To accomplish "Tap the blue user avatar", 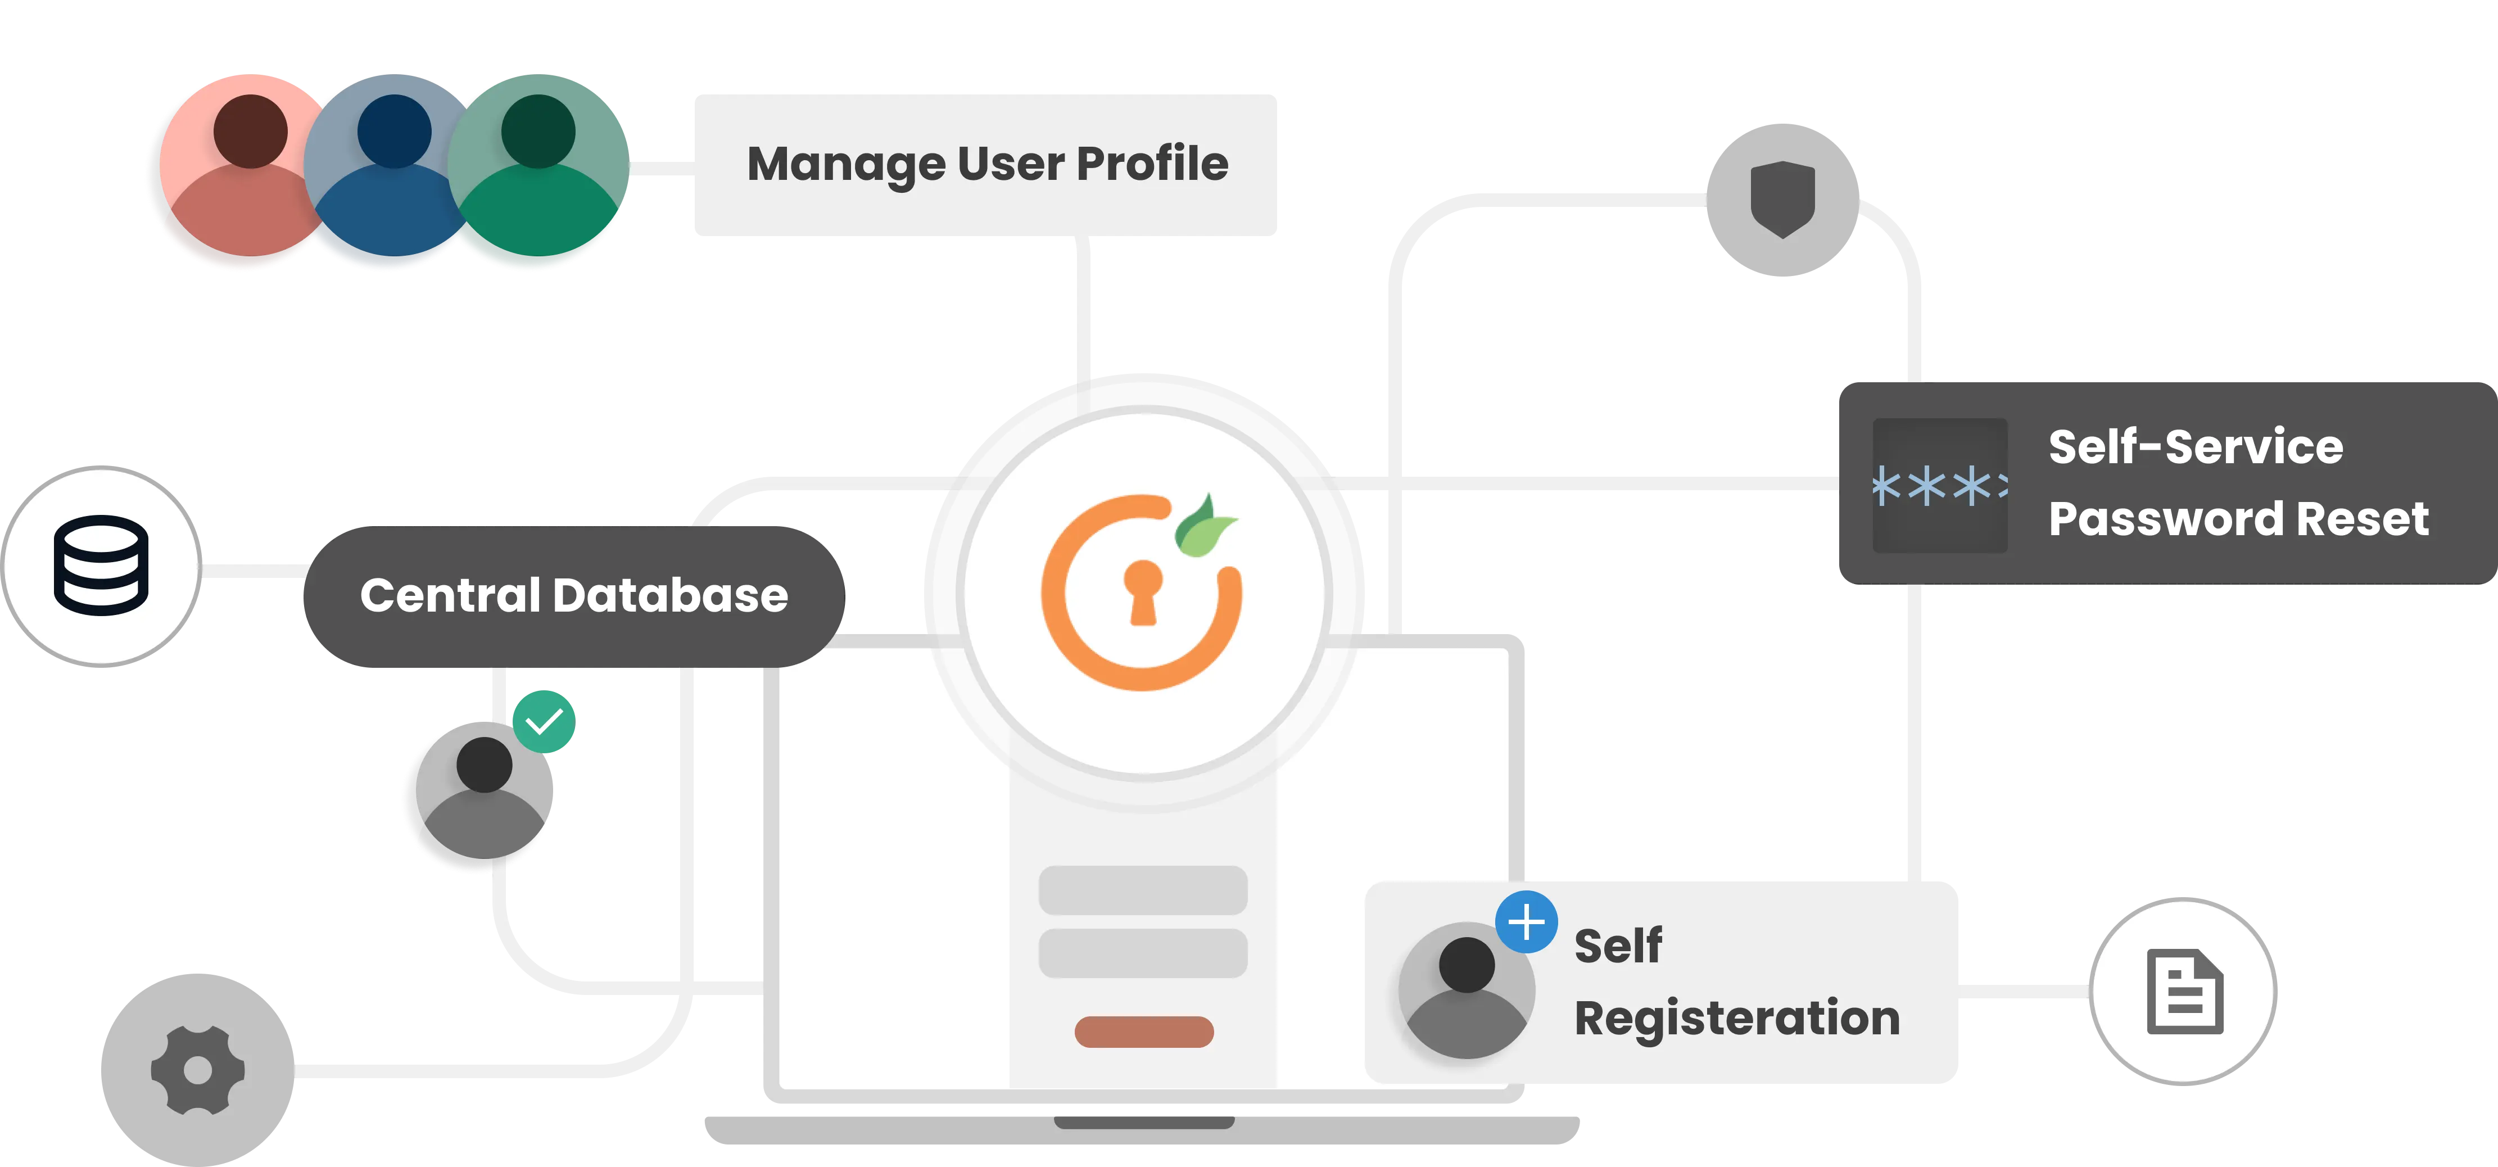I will coord(388,170).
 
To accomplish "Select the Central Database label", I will coord(573,596).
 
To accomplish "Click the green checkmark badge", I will coord(544,721).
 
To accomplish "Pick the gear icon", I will coord(197,1070).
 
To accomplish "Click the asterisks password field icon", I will coord(1939,485).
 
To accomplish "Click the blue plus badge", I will coord(1526,921).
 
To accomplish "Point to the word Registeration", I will coord(1736,1019).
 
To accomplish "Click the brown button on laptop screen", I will coord(1143,1031).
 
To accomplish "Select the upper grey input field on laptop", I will coord(1142,889).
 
